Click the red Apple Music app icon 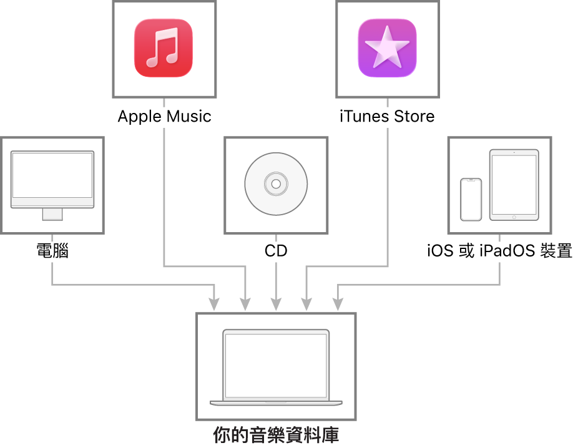(164, 48)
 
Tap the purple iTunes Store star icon (387, 48)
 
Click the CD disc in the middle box (276, 184)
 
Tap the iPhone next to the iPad (471, 200)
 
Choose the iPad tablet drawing (514, 185)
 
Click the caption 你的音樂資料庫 (276, 434)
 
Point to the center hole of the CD (276, 184)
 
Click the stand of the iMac (52, 214)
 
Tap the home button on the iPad (514, 217)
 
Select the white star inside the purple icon (387, 47)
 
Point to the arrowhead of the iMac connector (214, 305)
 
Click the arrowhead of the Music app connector (245, 305)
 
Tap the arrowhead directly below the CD (276, 305)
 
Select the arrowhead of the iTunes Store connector (306, 305)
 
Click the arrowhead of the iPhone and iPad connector (338, 305)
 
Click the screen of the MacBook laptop (276, 366)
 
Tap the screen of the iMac (52, 175)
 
